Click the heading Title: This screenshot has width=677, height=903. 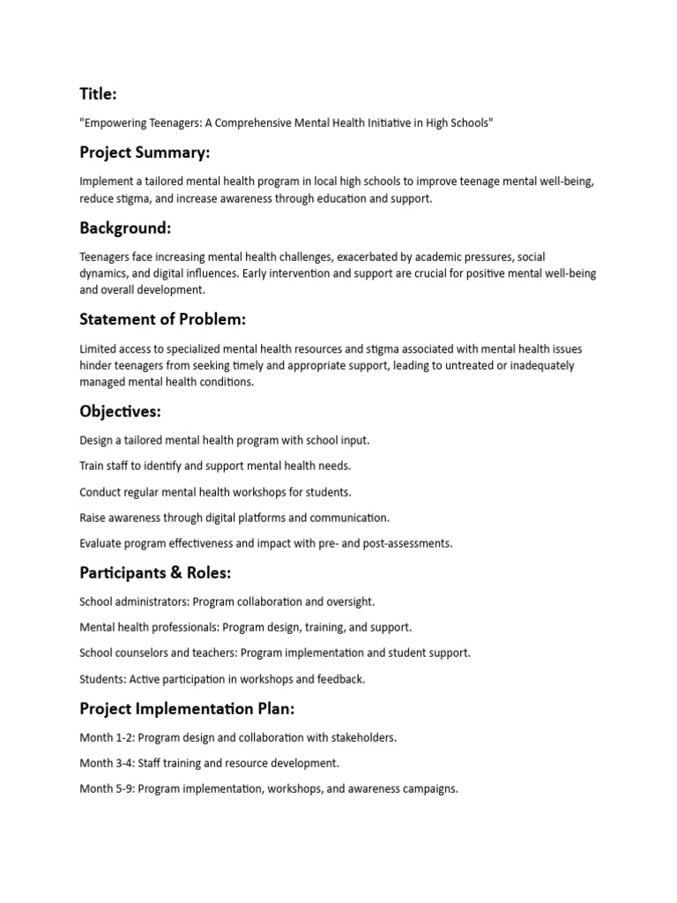tap(98, 94)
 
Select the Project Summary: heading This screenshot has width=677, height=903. tap(145, 153)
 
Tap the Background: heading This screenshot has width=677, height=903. tap(125, 228)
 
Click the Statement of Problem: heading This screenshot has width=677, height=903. tap(162, 319)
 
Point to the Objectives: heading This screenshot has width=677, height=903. tap(120, 411)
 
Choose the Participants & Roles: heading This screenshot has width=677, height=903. tap(155, 573)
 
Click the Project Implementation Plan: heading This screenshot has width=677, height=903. tap(187, 709)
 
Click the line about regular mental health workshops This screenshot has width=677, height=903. tap(215, 492)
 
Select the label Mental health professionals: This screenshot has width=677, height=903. tap(149, 628)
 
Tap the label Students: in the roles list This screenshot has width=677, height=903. tap(102, 679)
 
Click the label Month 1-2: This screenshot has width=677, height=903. tap(108, 737)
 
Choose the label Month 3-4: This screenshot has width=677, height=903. tap(108, 763)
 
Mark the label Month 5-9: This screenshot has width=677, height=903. tap(108, 788)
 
